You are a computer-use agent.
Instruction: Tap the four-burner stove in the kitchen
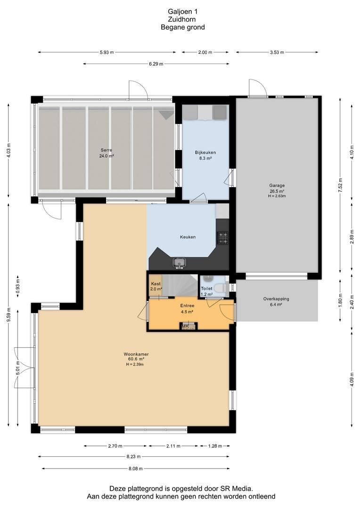223,238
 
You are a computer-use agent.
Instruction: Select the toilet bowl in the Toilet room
222,287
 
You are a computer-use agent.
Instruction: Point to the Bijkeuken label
205,152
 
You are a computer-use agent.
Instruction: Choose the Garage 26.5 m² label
277,188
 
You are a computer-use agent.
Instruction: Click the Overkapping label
276,299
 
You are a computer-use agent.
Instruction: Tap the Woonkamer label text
136,354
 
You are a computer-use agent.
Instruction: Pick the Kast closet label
156,284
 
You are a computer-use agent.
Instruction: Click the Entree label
188,306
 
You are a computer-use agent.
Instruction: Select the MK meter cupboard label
185,326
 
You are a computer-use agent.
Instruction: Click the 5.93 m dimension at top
107,52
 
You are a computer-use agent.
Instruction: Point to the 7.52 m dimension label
340,185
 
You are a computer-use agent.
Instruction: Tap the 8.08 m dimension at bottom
135,468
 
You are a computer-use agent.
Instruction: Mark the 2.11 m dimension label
173,446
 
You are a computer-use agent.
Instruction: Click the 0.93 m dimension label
18,286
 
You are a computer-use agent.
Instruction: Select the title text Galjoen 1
183,12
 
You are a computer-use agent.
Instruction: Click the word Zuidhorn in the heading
182,19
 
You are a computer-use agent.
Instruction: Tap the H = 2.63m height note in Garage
277,196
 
